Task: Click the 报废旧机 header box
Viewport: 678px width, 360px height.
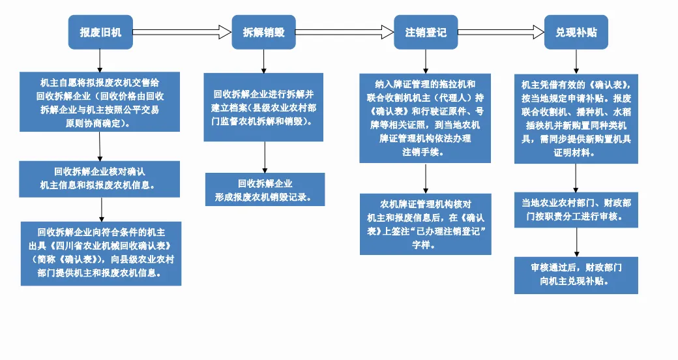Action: click(100, 32)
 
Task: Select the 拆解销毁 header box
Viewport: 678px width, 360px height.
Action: click(264, 32)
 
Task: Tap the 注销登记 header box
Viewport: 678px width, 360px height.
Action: click(426, 32)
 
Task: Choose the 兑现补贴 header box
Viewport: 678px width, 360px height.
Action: click(576, 32)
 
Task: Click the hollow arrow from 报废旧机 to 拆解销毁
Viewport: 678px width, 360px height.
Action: click(182, 32)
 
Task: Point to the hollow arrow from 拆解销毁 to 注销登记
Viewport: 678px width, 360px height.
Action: click(345, 32)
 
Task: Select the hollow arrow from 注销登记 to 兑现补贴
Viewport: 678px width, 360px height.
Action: click(501, 32)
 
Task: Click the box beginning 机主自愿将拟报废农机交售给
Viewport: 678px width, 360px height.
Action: click(100, 102)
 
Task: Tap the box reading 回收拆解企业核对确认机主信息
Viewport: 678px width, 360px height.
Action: click(100, 179)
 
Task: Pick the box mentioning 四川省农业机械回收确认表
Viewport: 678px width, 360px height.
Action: click(101, 254)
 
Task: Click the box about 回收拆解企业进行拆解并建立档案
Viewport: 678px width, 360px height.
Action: click(264, 108)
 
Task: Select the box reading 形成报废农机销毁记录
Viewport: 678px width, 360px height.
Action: click(265, 190)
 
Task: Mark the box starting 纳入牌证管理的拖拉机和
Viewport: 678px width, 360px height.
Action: click(426, 118)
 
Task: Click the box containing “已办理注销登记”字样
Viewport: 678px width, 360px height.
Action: click(426, 224)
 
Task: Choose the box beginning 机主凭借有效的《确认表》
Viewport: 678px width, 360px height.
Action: click(576, 119)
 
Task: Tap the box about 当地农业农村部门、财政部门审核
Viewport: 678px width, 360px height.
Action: click(576, 210)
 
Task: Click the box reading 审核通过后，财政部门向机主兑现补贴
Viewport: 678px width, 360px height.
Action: click(576, 275)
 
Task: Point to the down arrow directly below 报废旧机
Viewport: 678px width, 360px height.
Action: click(100, 61)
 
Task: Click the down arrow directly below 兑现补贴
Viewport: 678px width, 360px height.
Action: click(576, 61)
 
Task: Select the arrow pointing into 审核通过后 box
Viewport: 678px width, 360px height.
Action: click(576, 243)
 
